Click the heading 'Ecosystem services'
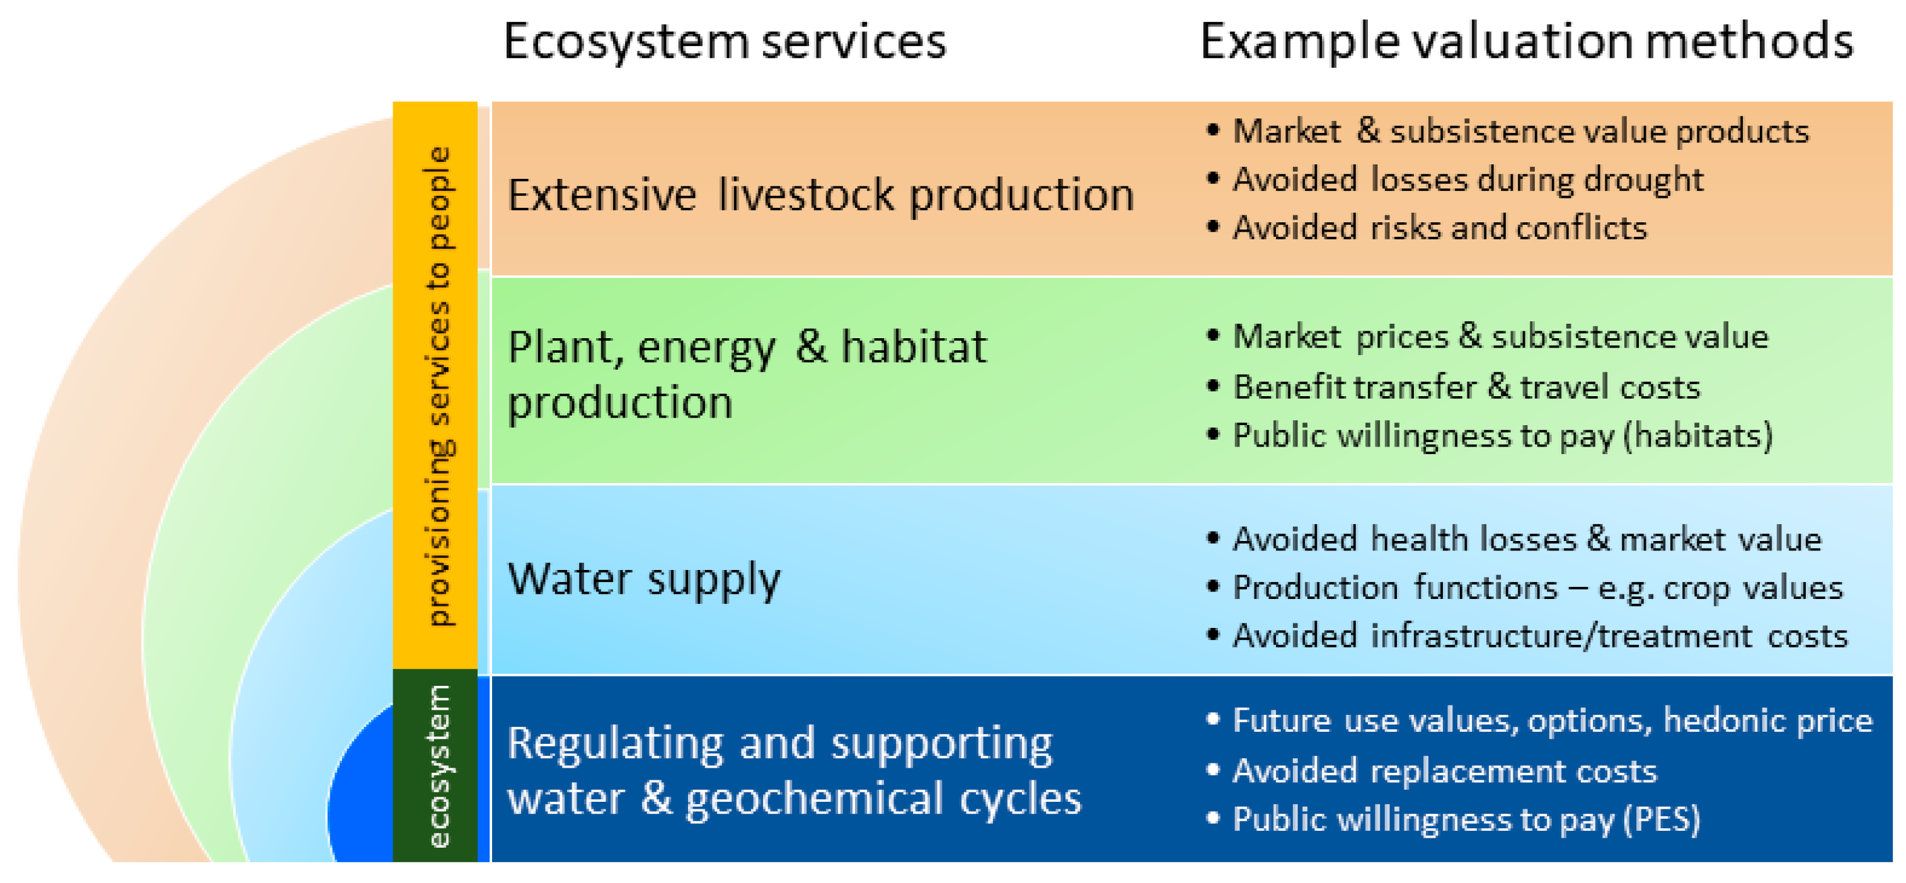tap(725, 42)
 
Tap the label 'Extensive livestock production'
tap(820, 195)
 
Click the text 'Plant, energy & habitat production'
tap(747, 375)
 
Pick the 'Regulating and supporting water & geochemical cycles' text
tap(795, 772)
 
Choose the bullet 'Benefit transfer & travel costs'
tap(1466, 387)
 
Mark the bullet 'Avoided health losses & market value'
tap(1527, 539)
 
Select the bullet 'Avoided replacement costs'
tap(1444, 772)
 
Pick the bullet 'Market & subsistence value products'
tap(1520, 132)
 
